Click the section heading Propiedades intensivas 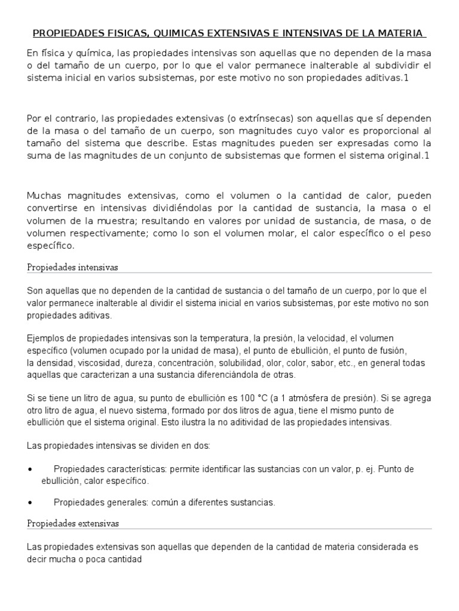pyautogui.click(x=73, y=267)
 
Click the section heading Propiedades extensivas pyautogui.click(x=74, y=523)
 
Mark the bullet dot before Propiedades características pyautogui.click(x=30, y=469)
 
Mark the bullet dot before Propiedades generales pyautogui.click(x=30, y=502)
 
